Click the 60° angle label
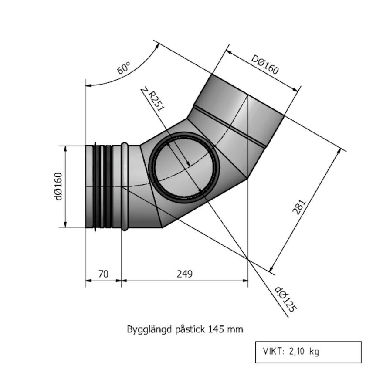click(124, 69)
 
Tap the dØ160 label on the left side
click(58, 186)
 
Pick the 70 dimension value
click(103, 274)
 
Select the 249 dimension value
click(184, 274)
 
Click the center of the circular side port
click(183, 168)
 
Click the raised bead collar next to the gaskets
click(125, 186)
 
